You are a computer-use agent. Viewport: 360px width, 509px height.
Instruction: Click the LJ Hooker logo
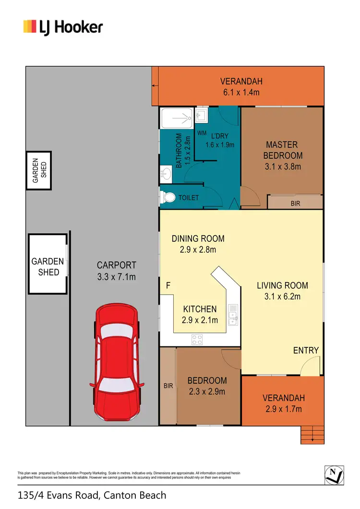[63, 26]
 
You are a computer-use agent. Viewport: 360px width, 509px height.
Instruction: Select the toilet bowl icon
[168, 197]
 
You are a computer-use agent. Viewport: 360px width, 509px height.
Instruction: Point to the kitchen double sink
[235, 315]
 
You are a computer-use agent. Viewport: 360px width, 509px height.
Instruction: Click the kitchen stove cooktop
[197, 340]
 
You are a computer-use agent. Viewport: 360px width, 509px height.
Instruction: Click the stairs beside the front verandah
[312, 434]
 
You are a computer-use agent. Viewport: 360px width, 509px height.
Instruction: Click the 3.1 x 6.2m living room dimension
[282, 296]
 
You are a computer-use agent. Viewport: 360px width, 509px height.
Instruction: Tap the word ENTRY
[306, 350]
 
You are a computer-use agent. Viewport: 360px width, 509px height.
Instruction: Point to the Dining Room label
[198, 238]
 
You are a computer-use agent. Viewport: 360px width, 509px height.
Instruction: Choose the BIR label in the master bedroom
[295, 204]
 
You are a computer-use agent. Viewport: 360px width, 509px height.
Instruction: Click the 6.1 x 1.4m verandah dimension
[241, 92]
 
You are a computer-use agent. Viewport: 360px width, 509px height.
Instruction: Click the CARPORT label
[117, 265]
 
